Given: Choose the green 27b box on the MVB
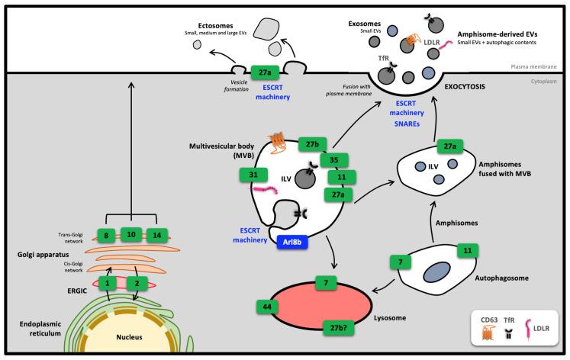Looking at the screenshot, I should (311, 143).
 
